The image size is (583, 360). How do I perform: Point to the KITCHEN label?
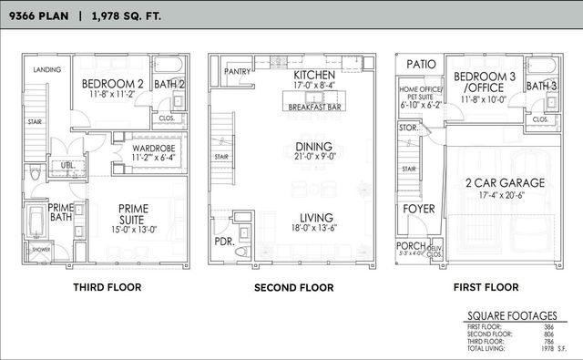click(x=314, y=74)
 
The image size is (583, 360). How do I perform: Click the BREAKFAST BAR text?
click(x=314, y=107)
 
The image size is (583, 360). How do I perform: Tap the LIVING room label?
click(x=313, y=218)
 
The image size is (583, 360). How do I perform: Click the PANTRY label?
click(x=238, y=71)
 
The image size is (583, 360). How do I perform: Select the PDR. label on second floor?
click(x=223, y=242)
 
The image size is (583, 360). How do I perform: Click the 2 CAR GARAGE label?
click(x=506, y=183)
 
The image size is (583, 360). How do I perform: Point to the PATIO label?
click(x=421, y=65)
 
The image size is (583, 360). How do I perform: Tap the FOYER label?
click(x=420, y=208)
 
